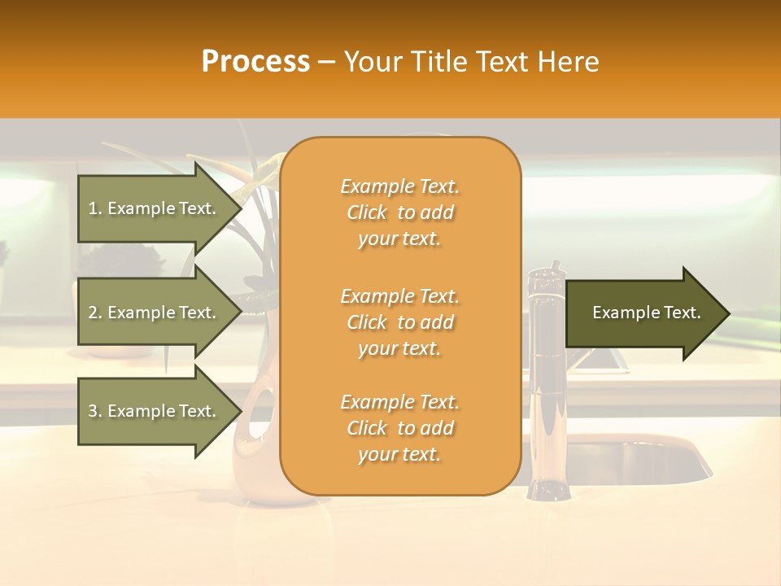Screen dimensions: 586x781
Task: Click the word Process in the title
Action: pos(255,62)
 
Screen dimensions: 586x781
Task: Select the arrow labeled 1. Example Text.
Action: pos(155,208)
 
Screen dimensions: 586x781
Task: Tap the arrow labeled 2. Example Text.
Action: pos(155,313)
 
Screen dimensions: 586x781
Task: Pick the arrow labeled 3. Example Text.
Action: pos(155,411)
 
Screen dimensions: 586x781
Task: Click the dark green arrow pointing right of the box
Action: pos(647,313)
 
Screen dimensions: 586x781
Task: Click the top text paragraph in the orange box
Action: pos(399,212)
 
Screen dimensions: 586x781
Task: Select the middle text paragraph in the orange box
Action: pos(399,322)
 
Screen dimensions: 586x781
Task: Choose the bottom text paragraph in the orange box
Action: pos(399,428)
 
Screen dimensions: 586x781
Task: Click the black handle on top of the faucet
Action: pos(556,268)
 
